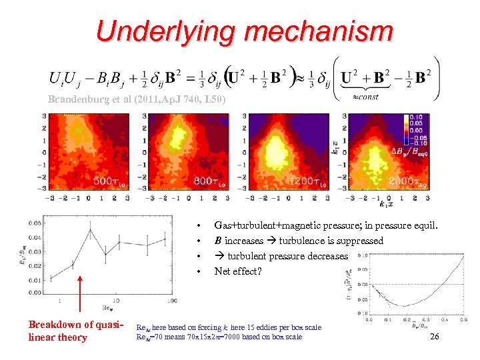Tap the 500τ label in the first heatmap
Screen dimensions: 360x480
click(107, 181)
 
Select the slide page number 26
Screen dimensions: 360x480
click(434, 337)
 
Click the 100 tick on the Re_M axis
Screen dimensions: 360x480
click(172, 301)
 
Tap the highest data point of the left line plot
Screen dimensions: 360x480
click(91, 231)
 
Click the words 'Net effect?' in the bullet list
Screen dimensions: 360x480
click(237, 271)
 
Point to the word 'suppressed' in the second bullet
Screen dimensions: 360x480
click(360, 241)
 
